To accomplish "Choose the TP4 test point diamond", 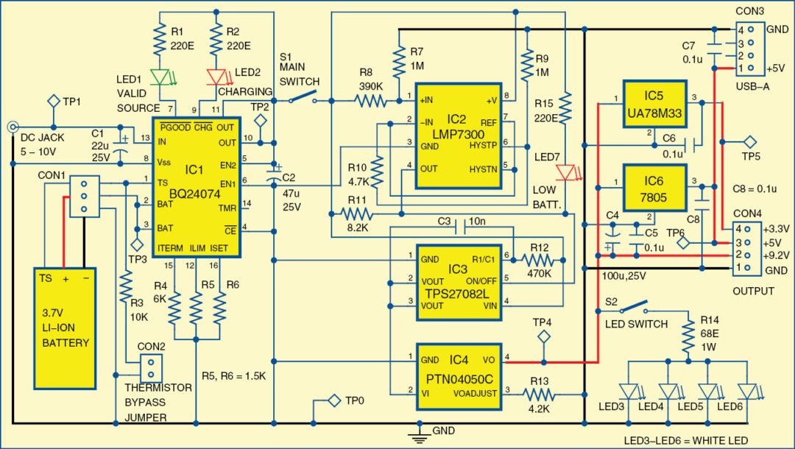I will [x=543, y=337].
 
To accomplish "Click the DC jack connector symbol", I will [x=13, y=127].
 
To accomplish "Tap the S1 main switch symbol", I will [x=304, y=96].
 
